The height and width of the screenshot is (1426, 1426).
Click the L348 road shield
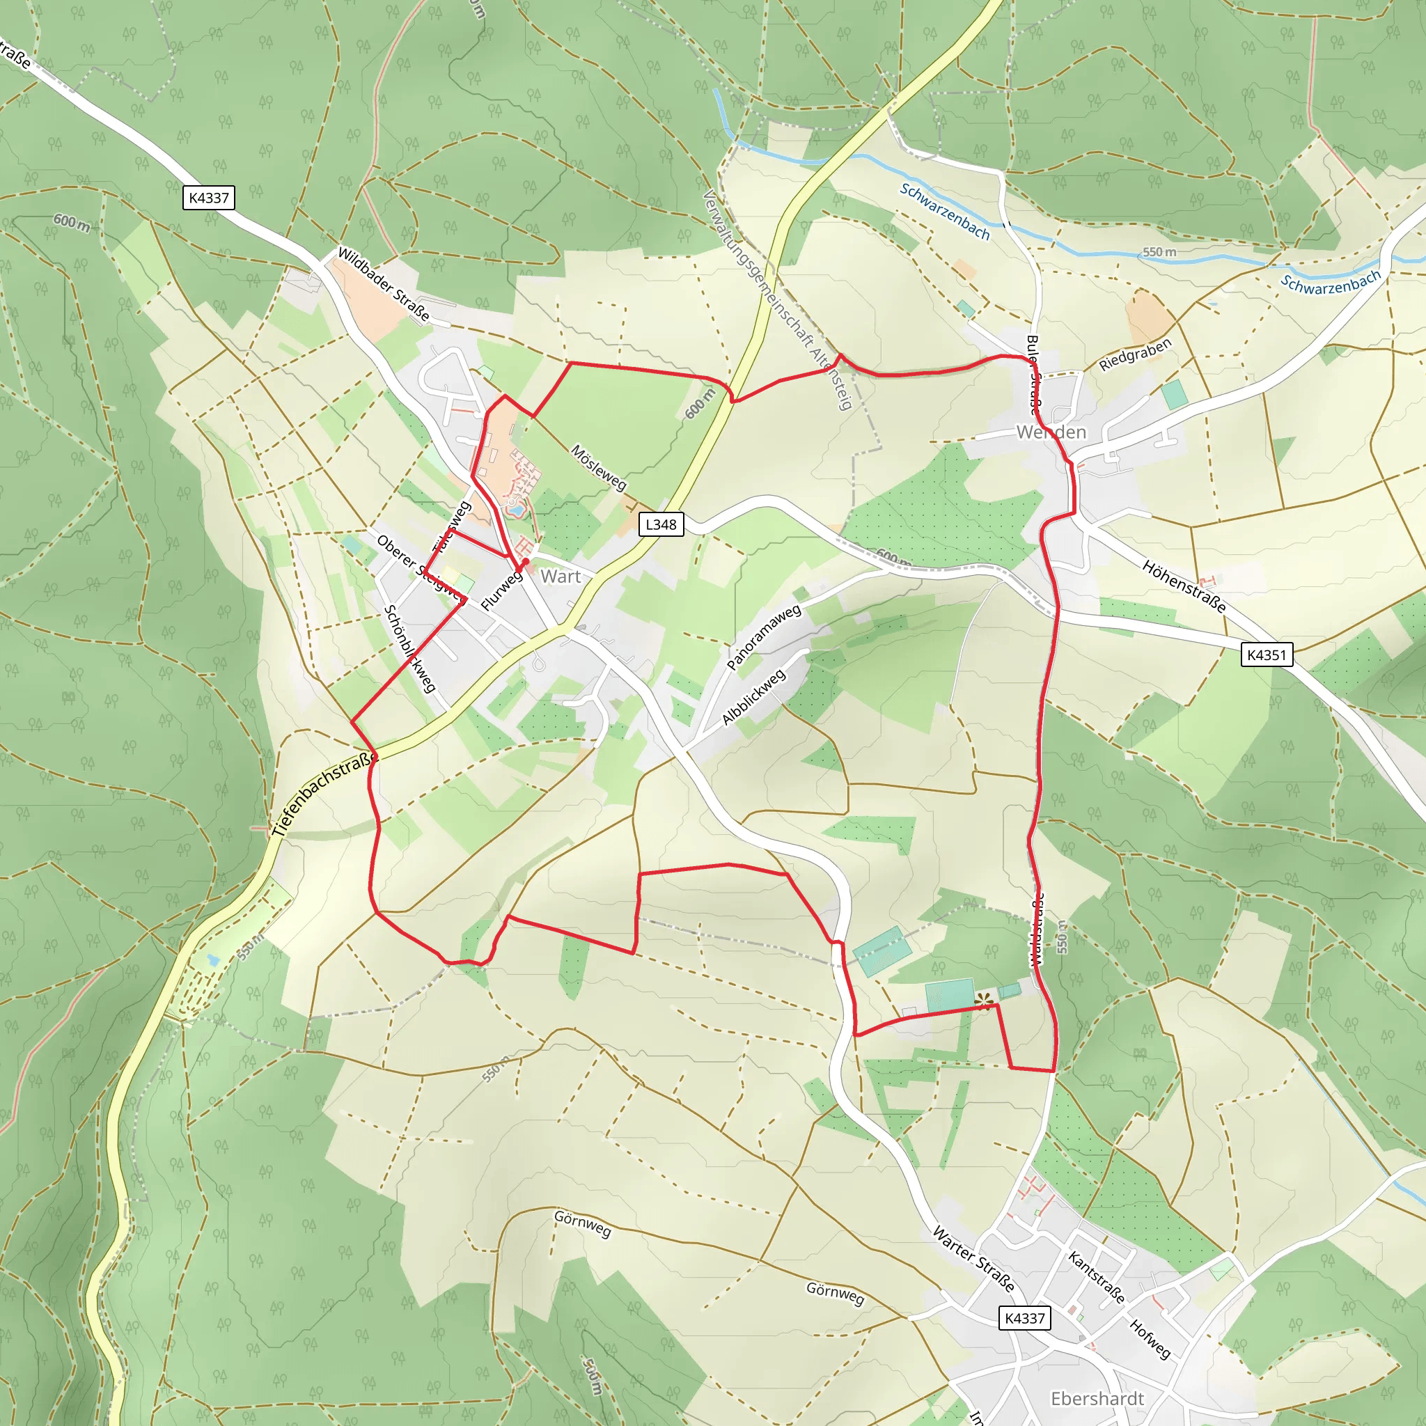(661, 525)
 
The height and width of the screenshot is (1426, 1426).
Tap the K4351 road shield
(1267, 655)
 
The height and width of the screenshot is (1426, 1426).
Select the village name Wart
(561, 577)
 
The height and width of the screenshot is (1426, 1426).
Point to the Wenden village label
(1051, 432)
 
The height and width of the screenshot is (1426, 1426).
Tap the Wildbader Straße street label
(383, 284)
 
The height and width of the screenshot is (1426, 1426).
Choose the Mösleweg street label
(599, 468)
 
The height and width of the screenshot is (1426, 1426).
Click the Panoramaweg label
(764, 637)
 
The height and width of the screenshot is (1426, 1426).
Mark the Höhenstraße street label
(1184, 587)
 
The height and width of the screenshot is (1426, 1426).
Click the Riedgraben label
(1135, 354)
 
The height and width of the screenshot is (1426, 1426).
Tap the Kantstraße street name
(1097, 1278)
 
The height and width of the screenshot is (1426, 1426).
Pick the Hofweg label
(1150, 1339)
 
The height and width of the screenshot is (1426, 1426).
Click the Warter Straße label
(973, 1258)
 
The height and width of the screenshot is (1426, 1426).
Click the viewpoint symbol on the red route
(984, 1001)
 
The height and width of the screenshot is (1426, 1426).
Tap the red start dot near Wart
(526, 563)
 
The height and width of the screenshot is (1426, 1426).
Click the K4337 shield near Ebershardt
(1024, 1318)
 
